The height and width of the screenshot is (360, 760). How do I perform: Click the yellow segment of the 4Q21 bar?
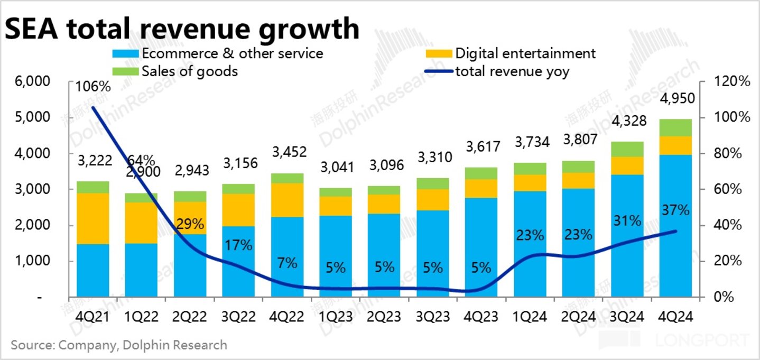[x=92, y=218]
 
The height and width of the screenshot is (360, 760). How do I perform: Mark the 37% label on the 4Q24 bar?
[x=675, y=210]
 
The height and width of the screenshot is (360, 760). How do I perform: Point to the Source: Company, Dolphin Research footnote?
[x=119, y=345]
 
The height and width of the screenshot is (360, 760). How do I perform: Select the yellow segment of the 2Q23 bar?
[x=385, y=204]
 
